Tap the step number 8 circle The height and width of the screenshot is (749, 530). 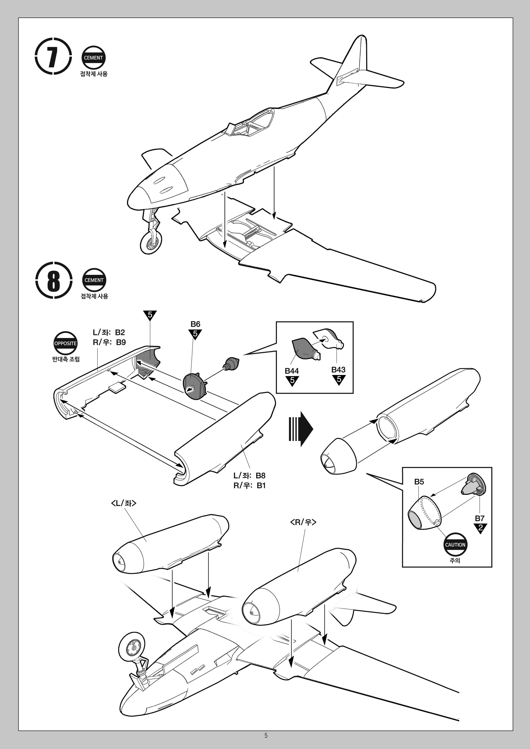tap(53, 280)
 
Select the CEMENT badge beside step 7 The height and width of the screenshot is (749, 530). tap(93, 58)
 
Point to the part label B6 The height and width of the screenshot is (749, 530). tap(195, 324)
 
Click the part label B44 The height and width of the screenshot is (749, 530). tap(291, 371)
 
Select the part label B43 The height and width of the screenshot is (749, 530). tap(338, 369)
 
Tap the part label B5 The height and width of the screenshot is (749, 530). tap(419, 482)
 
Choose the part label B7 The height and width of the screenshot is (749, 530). tap(479, 518)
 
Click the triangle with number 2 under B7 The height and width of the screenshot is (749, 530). tap(480, 527)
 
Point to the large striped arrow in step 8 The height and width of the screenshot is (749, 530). tap(300, 429)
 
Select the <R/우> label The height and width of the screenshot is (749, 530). tap(303, 522)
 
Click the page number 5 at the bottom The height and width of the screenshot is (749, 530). tap(266, 735)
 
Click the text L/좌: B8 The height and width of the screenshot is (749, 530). tap(249, 476)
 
